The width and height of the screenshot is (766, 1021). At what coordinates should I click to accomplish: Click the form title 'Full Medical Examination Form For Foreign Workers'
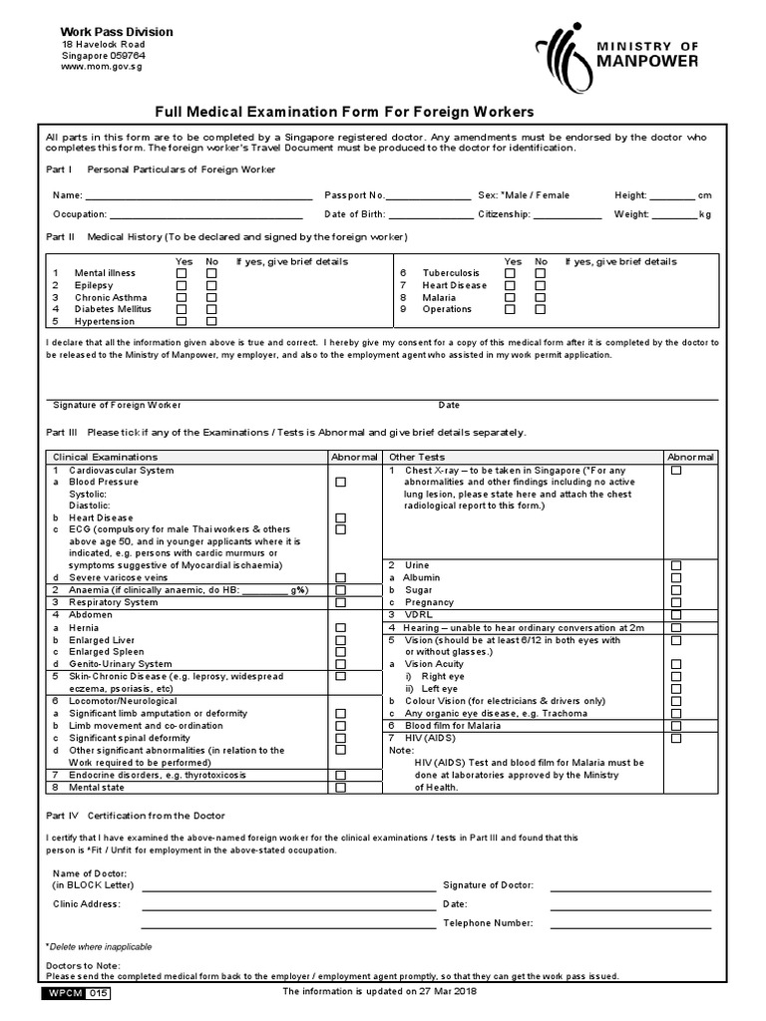tap(343, 112)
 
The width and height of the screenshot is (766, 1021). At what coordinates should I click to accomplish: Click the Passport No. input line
tap(428, 196)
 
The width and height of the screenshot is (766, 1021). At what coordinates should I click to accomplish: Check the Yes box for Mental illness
tap(182, 273)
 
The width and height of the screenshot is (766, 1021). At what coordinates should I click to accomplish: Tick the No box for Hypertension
tap(211, 322)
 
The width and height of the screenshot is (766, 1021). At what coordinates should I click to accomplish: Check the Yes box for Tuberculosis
tap(511, 273)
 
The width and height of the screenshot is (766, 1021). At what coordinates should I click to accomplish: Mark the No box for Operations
tap(541, 309)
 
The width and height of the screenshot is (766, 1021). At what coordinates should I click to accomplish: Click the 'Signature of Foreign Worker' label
tap(117, 406)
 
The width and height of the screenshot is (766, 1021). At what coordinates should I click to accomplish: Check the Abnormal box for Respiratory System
tap(341, 603)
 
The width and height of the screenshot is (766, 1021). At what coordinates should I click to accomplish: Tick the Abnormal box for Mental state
tap(341, 788)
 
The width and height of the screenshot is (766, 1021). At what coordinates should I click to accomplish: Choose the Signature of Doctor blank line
tap(631, 886)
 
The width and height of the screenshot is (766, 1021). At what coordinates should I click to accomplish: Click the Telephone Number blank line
tap(631, 924)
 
